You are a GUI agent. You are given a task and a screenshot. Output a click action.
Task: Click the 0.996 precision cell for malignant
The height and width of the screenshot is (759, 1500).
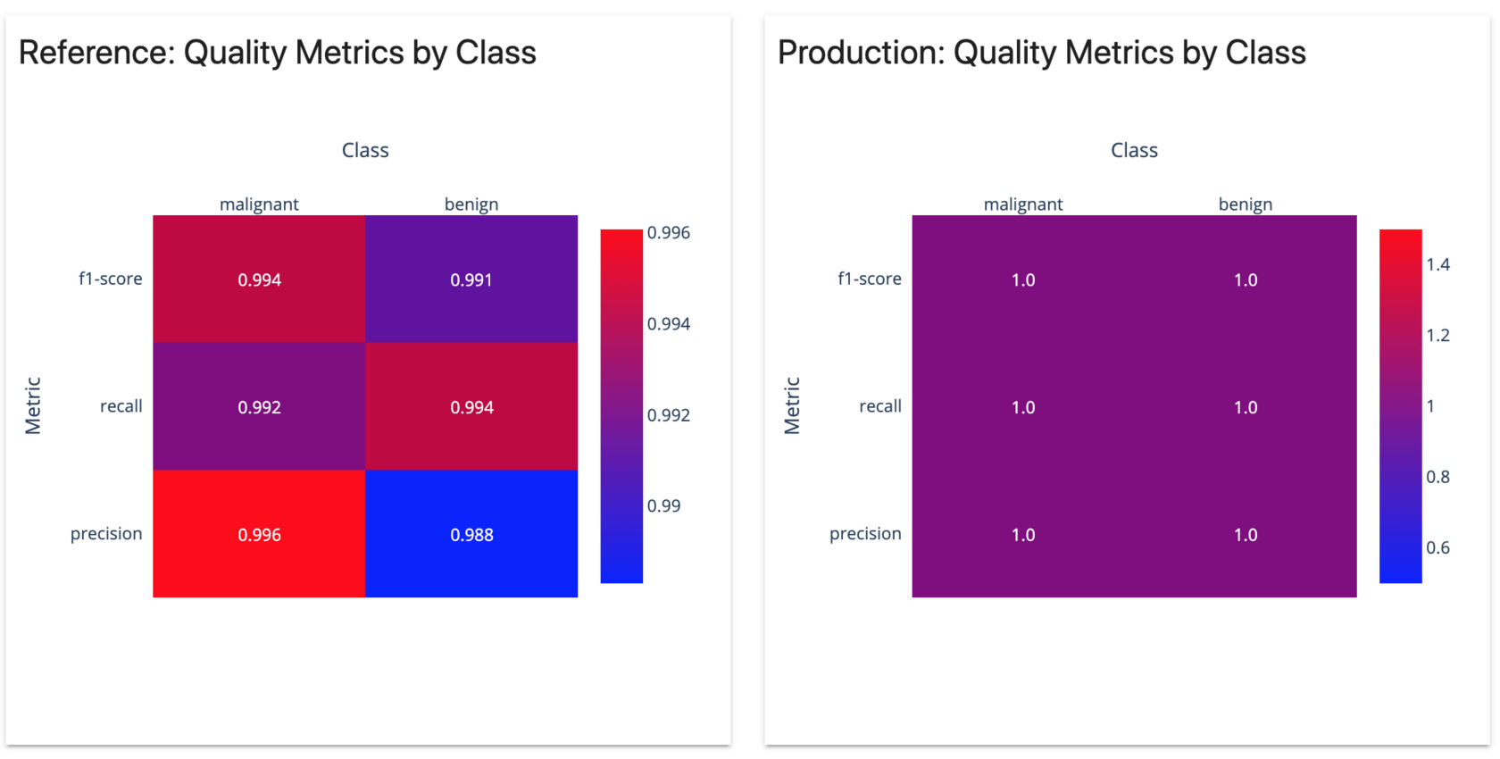point(259,534)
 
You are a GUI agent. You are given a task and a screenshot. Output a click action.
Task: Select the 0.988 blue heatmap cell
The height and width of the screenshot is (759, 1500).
point(471,534)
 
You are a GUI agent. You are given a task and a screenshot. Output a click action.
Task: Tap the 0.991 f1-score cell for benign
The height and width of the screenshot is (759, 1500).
point(471,279)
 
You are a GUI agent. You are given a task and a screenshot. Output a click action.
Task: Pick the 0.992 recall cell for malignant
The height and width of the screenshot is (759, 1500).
point(259,407)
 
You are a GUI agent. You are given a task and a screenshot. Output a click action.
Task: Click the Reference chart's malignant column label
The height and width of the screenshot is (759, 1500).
point(259,204)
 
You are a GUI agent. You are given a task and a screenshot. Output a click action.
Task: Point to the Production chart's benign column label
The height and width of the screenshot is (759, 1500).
point(1246,204)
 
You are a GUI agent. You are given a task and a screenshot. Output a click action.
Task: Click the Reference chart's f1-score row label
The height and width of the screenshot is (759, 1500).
point(110,279)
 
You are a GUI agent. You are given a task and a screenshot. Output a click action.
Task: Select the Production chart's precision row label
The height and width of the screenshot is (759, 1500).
point(865,533)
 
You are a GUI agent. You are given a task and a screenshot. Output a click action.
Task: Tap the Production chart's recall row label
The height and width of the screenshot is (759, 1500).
point(879,406)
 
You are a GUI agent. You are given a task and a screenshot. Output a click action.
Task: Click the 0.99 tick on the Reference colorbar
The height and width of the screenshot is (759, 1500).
point(663,505)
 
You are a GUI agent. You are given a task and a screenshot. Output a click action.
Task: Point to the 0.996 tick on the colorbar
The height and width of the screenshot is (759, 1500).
point(668,233)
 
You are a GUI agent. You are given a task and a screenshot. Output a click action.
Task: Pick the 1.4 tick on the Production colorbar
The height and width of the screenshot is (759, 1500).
point(1437,264)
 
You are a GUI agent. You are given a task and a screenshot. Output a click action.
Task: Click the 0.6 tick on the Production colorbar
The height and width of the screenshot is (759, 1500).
point(1437,547)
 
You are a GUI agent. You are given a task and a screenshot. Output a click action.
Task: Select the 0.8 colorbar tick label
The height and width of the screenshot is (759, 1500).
point(1437,477)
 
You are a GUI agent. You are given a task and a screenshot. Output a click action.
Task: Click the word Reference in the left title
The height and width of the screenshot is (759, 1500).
point(94,53)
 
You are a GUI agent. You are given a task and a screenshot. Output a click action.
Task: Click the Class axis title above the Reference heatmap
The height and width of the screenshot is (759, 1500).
point(365,150)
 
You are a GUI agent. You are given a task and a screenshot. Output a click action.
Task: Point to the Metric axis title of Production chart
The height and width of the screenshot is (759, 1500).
point(792,405)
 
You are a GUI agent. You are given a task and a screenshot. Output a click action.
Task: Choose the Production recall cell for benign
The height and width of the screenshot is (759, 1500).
point(1246,407)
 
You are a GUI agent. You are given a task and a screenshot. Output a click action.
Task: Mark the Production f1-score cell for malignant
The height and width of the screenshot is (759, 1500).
point(1023,279)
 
